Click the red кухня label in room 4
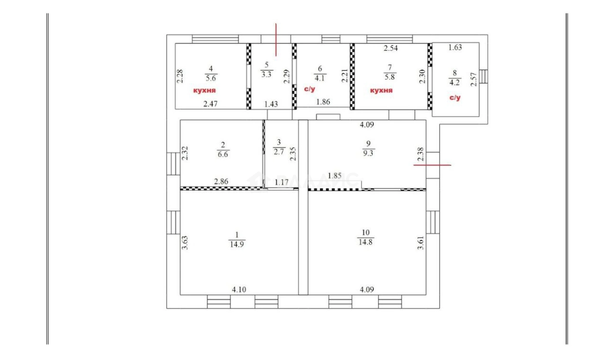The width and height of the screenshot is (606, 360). click(x=204, y=90)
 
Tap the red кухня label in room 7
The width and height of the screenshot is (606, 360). click(x=381, y=90)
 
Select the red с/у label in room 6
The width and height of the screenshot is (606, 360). click(x=309, y=89)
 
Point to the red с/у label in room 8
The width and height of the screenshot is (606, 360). click(x=455, y=98)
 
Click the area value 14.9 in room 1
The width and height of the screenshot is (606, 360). click(x=237, y=245)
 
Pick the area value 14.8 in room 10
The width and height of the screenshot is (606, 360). click(x=365, y=242)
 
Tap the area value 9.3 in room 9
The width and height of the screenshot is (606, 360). click(x=368, y=153)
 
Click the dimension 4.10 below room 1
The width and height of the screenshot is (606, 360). click(x=239, y=289)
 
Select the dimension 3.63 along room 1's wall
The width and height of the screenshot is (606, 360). click(x=185, y=243)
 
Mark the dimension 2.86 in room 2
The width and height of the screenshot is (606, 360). click(x=221, y=182)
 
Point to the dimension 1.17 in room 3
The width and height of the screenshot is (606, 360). click(x=282, y=182)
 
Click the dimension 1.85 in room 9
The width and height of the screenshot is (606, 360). click(x=334, y=176)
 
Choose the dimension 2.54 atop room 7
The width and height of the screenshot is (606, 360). click(x=390, y=48)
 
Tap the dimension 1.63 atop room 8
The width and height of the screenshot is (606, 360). click(x=455, y=48)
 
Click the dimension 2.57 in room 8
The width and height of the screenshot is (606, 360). click(x=474, y=79)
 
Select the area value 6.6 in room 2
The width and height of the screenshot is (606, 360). click(x=223, y=155)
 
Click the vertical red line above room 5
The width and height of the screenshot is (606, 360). click(x=276, y=40)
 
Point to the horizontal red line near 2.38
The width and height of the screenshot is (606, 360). click(x=433, y=165)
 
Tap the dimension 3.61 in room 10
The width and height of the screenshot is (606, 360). click(x=421, y=243)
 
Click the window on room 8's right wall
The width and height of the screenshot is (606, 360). click(x=484, y=76)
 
